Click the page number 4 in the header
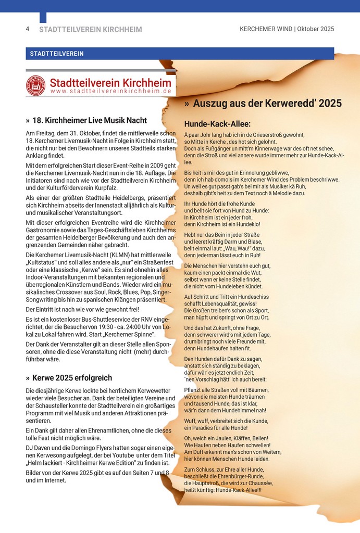(x=28, y=29)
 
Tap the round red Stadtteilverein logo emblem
(x=36, y=86)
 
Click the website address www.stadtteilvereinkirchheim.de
(x=111, y=92)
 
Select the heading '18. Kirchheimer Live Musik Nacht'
(x=90, y=120)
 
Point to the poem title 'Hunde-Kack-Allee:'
(x=217, y=124)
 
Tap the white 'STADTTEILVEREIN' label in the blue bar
(x=57, y=54)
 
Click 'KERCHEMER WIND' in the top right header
(x=265, y=29)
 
